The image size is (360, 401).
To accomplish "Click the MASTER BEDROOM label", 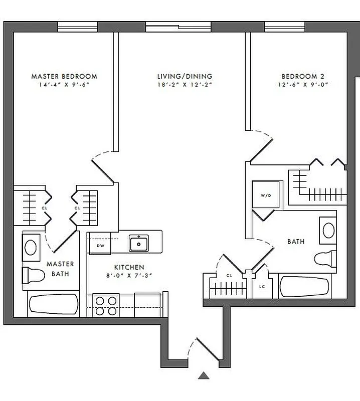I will pos(64,76).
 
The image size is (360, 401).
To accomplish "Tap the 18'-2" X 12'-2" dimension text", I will pos(185,85).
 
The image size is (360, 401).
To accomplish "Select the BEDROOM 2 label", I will pos(303,76).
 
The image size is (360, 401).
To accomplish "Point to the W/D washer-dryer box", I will pos(265,195).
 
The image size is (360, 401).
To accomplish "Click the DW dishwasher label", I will pos(100,246).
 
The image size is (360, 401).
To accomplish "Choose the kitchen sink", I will pos(138,243).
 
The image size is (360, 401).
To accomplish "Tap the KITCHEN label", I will pos(129,267).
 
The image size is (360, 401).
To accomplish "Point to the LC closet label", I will pos(261,287).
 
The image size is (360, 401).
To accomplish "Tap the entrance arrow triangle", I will pos(204,375).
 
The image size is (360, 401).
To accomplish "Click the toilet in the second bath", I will pos(325,259).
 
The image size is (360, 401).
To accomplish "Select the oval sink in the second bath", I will pos(328,230).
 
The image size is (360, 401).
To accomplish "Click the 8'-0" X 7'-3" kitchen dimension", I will pos(129,275).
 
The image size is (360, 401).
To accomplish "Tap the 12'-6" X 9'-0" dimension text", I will pos(303,85).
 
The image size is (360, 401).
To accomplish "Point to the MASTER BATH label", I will pos(60,269).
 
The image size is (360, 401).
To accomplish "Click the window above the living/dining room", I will pos(178,26).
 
